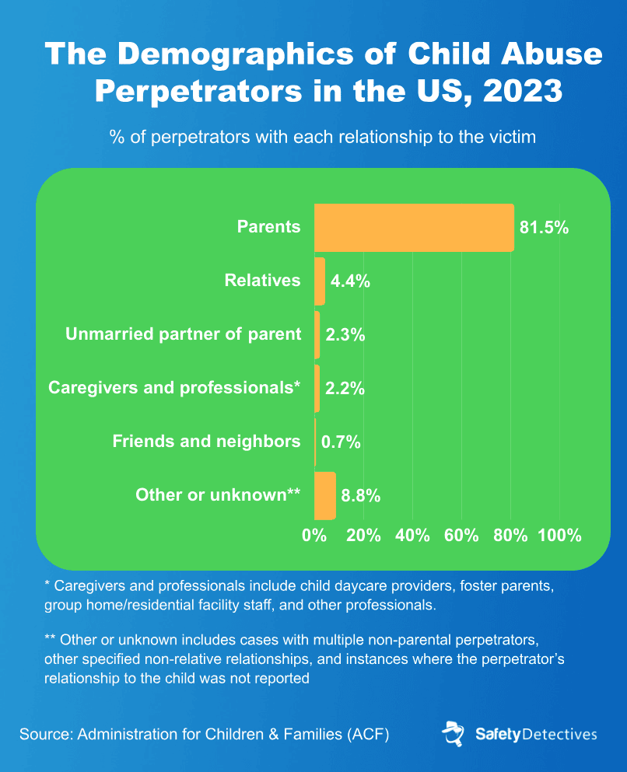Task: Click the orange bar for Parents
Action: click(414, 227)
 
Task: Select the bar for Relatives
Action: click(320, 281)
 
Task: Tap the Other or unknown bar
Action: click(324, 495)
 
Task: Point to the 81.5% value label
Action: click(544, 228)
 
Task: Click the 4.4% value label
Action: click(350, 281)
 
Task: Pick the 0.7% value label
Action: click(342, 442)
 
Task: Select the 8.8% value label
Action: click(360, 496)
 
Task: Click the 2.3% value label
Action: click(345, 335)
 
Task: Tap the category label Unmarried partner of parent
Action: click(183, 334)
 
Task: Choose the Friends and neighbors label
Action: click(206, 442)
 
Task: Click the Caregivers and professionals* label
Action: click(174, 388)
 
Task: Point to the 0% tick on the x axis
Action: click(314, 536)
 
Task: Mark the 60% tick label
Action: click(461, 536)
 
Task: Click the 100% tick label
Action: click(559, 536)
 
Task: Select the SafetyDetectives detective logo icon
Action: click(453, 734)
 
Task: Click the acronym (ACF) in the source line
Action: click(364, 734)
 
